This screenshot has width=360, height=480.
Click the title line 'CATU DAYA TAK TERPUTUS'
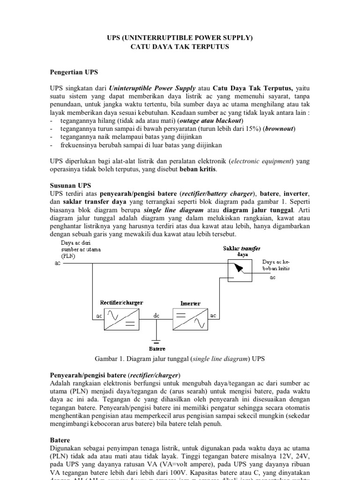pos(180,48)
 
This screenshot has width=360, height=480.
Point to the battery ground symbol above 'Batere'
pos(157,340)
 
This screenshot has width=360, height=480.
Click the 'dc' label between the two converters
pos(157,316)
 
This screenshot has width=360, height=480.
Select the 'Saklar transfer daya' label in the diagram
pos(241,251)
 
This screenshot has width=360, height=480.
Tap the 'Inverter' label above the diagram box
pos(190,304)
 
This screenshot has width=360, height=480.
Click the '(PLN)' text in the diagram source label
pos(67,256)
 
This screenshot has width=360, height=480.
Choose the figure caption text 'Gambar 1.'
pos(111,359)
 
